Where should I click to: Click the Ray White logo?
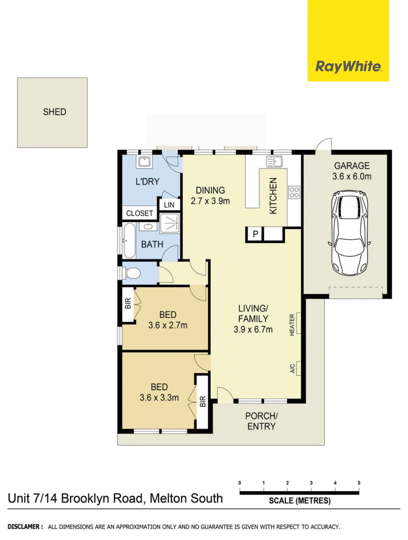click(348, 66)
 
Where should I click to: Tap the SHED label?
click(55, 112)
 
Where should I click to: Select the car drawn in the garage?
click(349, 233)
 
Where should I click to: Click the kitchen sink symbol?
click(274, 161)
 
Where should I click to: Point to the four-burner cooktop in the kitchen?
click(294, 192)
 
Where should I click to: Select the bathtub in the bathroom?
click(129, 240)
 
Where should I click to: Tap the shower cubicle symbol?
click(170, 223)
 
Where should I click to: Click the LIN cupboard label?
click(169, 205)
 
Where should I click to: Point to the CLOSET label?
click(140, 213)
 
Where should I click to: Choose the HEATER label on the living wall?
click(292, 325)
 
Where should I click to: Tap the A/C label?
click(292, 368)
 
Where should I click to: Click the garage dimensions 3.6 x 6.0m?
click(352, 176)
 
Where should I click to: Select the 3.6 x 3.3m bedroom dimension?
click(159, 397)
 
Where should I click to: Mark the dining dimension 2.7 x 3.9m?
click(210, 201)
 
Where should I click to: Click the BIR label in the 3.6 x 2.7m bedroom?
click(128, 303)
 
